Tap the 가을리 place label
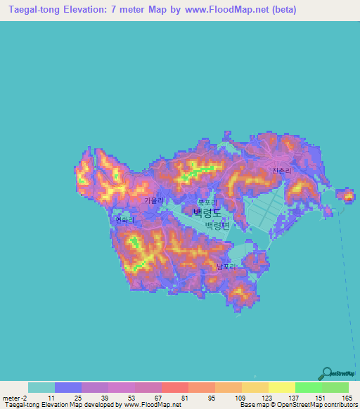(153, 200)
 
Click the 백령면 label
(217, 226)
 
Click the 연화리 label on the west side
(124, 220)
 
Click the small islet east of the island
(346, 195)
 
